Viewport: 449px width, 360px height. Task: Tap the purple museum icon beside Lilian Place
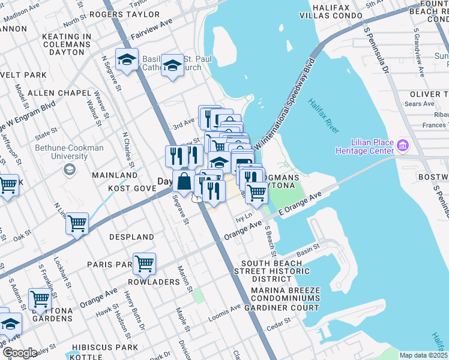403,145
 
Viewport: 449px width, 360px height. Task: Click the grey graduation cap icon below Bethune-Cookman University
70,170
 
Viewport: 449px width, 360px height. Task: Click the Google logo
19,353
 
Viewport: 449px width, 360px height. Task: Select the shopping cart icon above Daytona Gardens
40,297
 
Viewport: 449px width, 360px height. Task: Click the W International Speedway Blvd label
285,105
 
